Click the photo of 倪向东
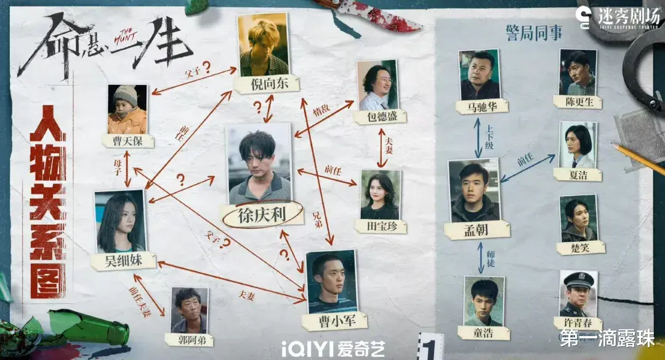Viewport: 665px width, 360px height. pyautogui.click(x=264, y=45)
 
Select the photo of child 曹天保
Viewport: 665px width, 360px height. pyautogui.click(x=127, y=109)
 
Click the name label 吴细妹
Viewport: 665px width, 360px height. pyautogui.click(x=123, y=261)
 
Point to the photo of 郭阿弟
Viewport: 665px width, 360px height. pyautogui.click(x=189, y=310)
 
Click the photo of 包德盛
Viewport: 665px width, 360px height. pyautogui.click(x=377, y=85)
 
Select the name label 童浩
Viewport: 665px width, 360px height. pyautogui.click(x=486, y=333)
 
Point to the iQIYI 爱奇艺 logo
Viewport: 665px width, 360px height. pyautogui.click(x=333, y=348)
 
